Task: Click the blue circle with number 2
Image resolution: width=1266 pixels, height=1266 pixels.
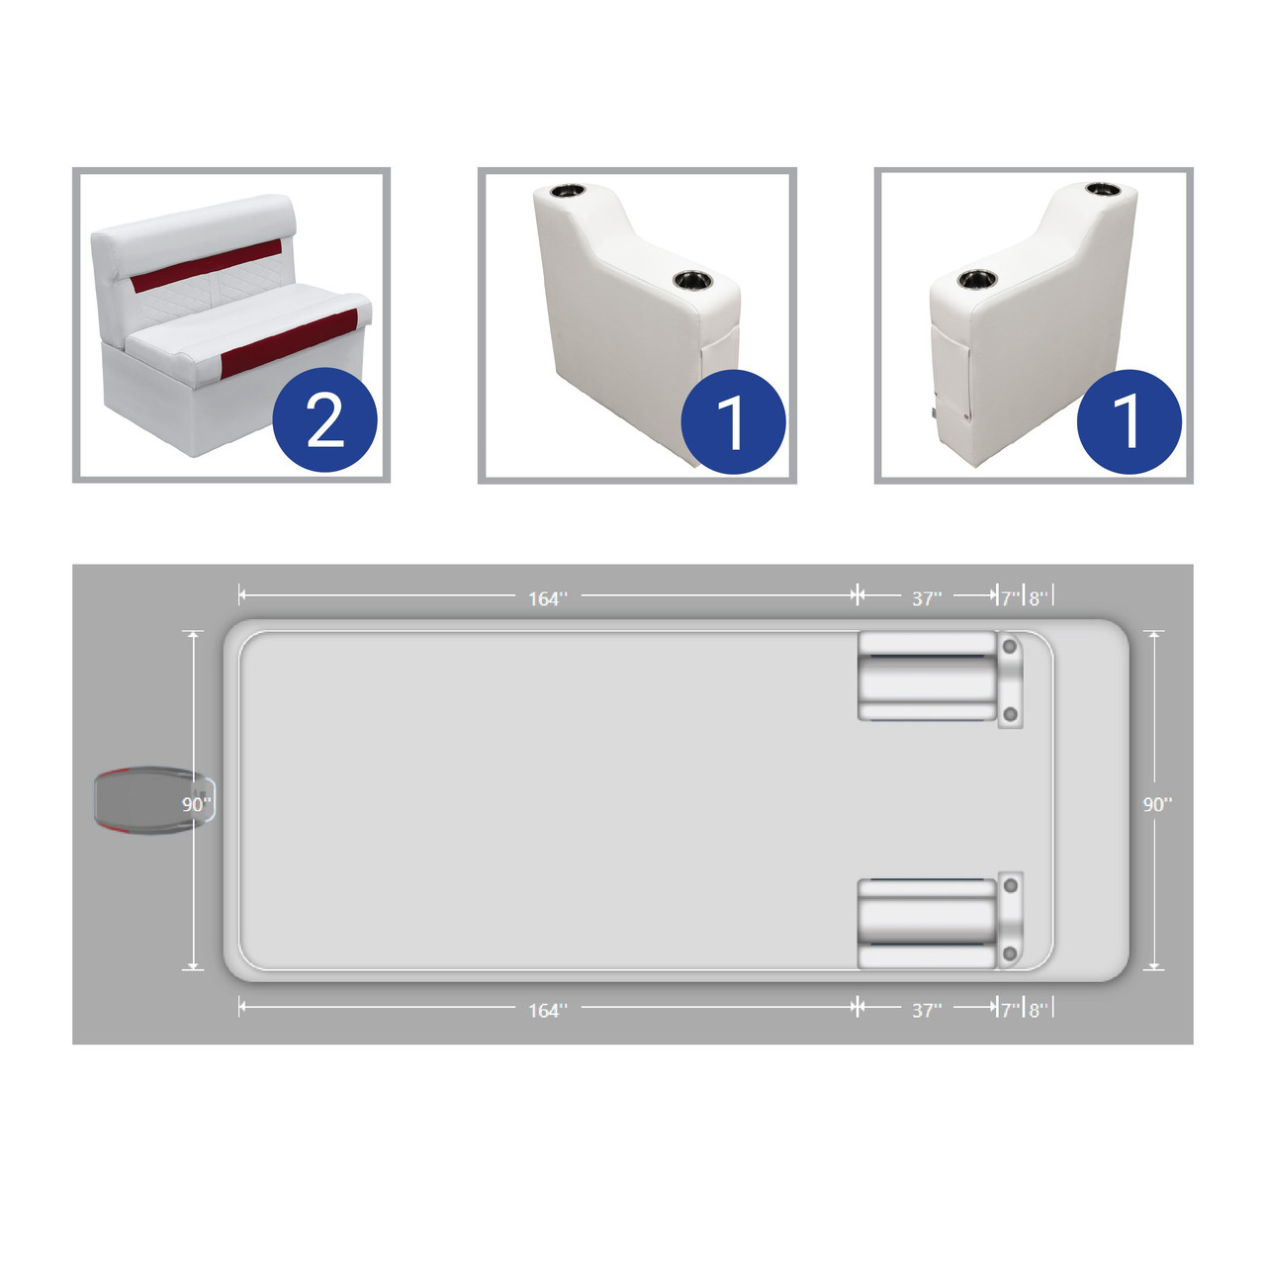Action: [324, 419]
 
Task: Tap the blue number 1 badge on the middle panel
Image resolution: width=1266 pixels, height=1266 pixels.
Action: [733, 421]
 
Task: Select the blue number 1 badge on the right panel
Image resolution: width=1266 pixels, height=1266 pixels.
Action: [1129, 421]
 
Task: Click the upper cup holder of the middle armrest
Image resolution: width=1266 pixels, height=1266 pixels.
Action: [569, 191]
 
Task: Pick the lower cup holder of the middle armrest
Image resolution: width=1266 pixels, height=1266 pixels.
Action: [692, 280]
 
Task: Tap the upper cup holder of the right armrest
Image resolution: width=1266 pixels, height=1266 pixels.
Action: [1103, 190]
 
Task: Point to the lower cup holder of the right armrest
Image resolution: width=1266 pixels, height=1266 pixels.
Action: [977, 279]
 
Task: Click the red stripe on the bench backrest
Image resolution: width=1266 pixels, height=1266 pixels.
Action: [207, 265]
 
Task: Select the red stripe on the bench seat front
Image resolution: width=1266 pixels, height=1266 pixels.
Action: [289, 343]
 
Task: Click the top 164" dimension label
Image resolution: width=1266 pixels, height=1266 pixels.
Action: [548, 598]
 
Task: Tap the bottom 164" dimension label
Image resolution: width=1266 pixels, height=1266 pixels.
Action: [548, 1010]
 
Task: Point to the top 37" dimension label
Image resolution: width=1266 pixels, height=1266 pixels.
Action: [927, 597]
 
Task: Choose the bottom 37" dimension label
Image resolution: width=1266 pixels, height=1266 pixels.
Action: [927, 1010]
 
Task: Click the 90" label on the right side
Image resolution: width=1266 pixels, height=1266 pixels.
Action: [1157, 804]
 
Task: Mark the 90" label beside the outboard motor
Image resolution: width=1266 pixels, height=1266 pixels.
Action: [197, 804]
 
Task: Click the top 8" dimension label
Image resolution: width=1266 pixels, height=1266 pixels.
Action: [1039, 597]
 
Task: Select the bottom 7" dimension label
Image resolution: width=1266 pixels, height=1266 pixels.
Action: [1011, 1010]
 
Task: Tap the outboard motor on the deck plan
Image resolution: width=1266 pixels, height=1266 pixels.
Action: [153, 801]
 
